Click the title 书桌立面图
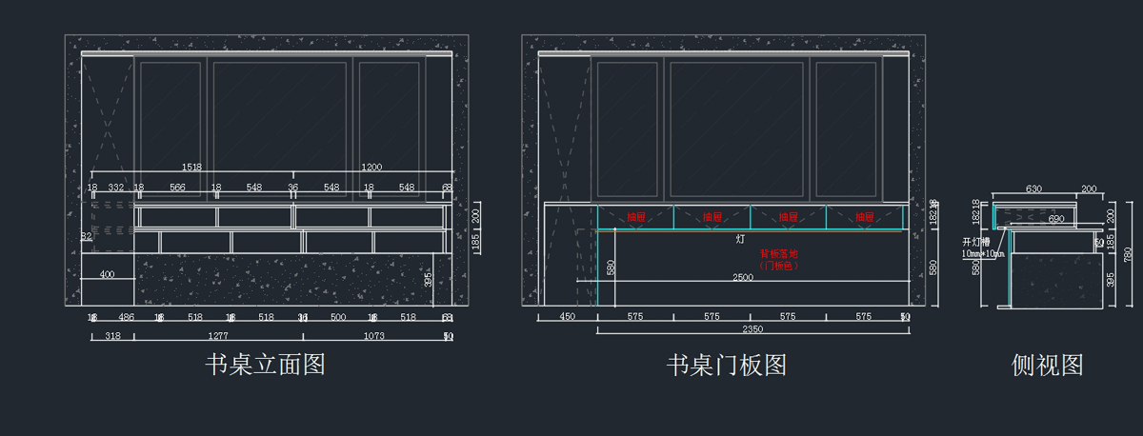click(x=265, y=365)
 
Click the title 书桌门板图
click(x=726, y=365)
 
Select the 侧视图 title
click(x=1047, y=365)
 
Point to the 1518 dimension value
click(x=191, y=167)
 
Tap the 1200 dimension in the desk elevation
click(x=371, y=167)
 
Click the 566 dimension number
click(x=177, y=188)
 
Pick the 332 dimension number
click(x=115, y=188)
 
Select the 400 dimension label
click(x=107, y=275)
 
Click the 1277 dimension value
click(x=218, y=336)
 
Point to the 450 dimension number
click(x=568, y=316)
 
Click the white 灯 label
click(x=740, y=240)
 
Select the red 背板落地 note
click(x=778, y=254)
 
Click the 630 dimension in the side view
click(x=1033, y=189)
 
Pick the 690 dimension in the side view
click(x=1055, y=219)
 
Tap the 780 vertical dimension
click(x=1128, y=254)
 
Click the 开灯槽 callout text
click(x=976, y=242)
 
